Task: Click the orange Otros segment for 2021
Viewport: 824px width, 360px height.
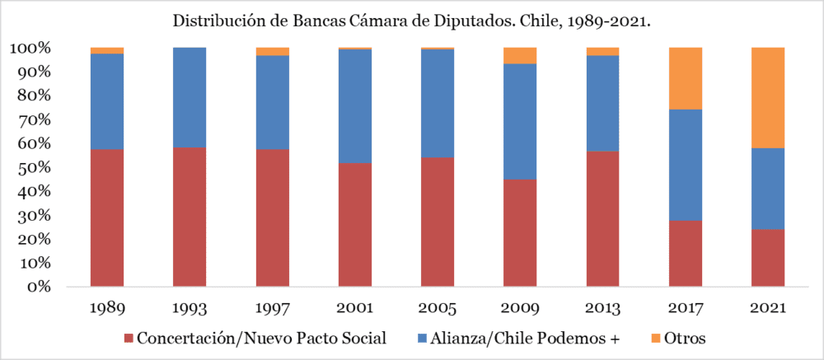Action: [x=768, y=97]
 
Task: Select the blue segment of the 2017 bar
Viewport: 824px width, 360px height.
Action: [x=685, y=165]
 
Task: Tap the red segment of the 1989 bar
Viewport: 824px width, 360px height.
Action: [x=107, y=218]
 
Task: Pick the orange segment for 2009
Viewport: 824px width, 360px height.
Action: [x=520, y=55]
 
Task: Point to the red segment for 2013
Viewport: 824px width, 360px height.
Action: [x=602, y=219]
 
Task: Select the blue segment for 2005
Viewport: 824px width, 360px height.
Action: [x=438, y=103]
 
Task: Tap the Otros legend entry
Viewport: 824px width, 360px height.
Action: [x=685, y=339]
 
